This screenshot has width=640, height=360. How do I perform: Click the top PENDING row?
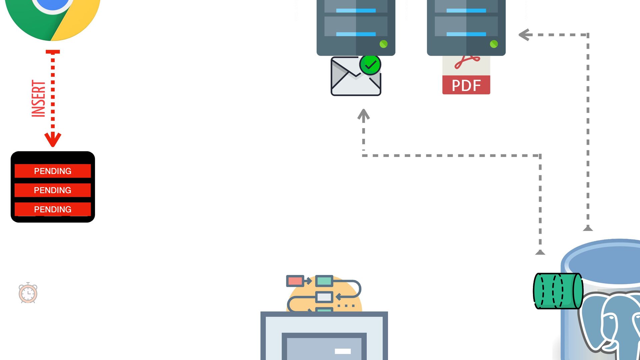coord(53,171)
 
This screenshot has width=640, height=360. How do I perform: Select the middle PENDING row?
coord(53,190)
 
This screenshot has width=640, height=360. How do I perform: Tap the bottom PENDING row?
coord(53,209)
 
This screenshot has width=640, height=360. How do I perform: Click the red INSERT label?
coord(38,98)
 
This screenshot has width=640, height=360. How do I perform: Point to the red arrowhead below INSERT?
coord(53,139)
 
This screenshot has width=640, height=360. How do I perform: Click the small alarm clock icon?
coord(28,293)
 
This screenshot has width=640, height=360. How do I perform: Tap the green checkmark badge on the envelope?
coord(370,65)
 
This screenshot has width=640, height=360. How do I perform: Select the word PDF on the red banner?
coord(466,85)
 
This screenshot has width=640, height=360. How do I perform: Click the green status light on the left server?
coord(383,44)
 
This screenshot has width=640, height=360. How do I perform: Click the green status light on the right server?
coord(494,44)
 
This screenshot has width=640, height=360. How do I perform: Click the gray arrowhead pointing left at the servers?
coord(525,35)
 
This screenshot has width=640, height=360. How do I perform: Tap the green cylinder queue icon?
coord(558,291)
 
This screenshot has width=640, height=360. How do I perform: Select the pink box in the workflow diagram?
coord(295,281)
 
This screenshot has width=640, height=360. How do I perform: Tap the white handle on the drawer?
coord(343,351)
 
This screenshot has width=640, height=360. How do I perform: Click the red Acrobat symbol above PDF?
coord(467,62)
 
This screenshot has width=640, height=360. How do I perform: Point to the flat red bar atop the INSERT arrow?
coord(53,52)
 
